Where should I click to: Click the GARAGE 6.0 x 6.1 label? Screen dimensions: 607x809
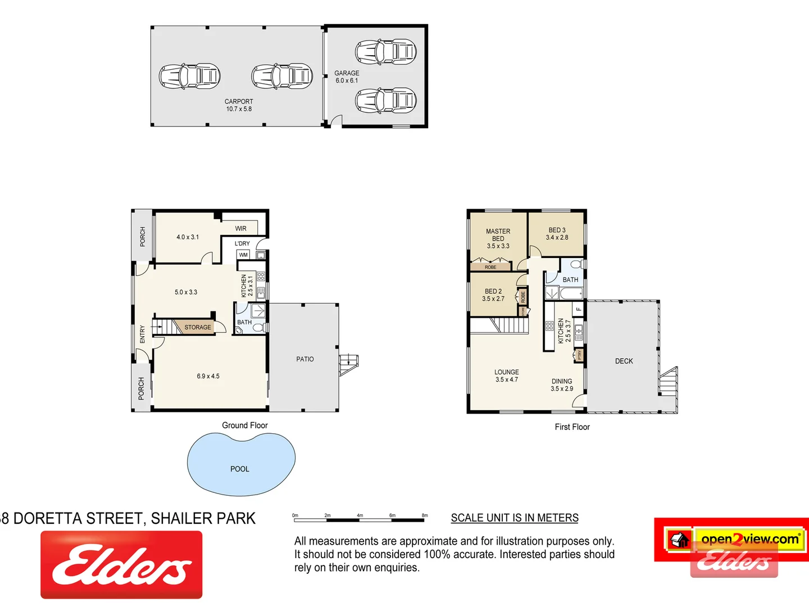pos(347,77)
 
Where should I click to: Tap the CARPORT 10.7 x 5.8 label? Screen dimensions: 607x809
pos(239,105)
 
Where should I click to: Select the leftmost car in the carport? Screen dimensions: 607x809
pos(189,76)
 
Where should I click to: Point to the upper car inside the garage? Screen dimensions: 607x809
pos(386,52)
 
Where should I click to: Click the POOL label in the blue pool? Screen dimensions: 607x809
pos(240,469)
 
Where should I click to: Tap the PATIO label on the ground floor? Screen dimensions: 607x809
pos(305,359)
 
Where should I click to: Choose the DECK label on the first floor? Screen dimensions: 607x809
pos(624,361)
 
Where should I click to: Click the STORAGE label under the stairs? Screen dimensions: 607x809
pos(198,327)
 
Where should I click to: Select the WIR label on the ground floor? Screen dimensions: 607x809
pos(241,228)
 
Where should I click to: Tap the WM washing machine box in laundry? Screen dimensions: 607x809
pos(243,255)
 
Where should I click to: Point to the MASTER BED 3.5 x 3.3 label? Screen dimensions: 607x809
pos(498,238)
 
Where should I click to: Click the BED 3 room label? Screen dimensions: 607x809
pos(557,234)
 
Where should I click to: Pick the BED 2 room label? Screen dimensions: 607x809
pos(493,295)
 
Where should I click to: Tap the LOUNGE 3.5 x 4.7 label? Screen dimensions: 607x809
pos(507,376)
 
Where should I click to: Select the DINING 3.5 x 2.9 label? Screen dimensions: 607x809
pos(562,385)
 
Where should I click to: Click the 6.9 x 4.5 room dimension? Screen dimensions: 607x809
pos(208,376)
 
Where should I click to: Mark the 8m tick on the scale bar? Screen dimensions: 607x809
pos(425,516)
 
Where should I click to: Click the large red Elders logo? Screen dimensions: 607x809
pos(121,564)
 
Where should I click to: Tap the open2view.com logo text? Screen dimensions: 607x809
pos(749,539)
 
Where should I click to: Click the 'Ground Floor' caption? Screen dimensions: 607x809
pos(245,425)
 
